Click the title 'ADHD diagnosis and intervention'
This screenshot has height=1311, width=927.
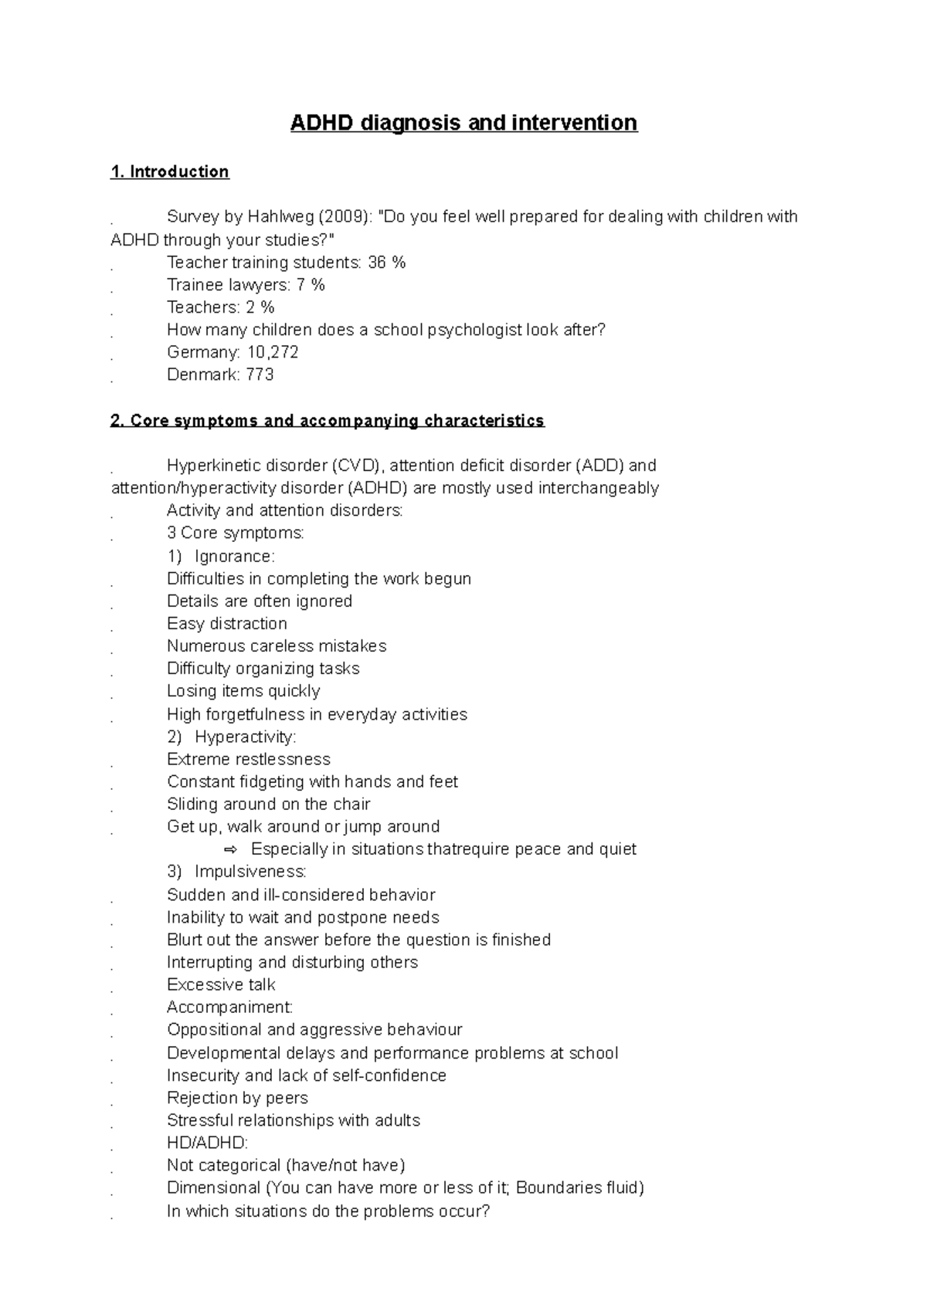(x=463, y=123)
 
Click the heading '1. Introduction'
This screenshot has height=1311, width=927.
(x=170, y=171)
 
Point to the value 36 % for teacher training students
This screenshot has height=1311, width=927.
(x=387, y=263)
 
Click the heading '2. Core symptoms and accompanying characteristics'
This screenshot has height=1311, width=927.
(x=328, y=421)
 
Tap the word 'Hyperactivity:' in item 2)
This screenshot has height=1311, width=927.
(x=245, y=737)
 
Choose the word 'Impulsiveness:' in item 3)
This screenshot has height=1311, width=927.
(x=250, y=872)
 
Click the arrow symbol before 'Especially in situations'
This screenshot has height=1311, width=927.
(x=230, y=849)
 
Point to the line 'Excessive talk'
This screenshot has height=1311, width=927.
(x=221, y=984)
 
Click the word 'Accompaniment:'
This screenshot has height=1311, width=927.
(x=229, y=1007)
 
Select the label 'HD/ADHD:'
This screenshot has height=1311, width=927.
(x=207, y=1143)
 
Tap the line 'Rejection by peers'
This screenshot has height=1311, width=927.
(x=237, y=1098)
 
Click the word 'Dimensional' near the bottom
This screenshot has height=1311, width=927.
(x=213, y=1187)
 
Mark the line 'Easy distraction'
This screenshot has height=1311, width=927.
(x=226, y=624)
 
